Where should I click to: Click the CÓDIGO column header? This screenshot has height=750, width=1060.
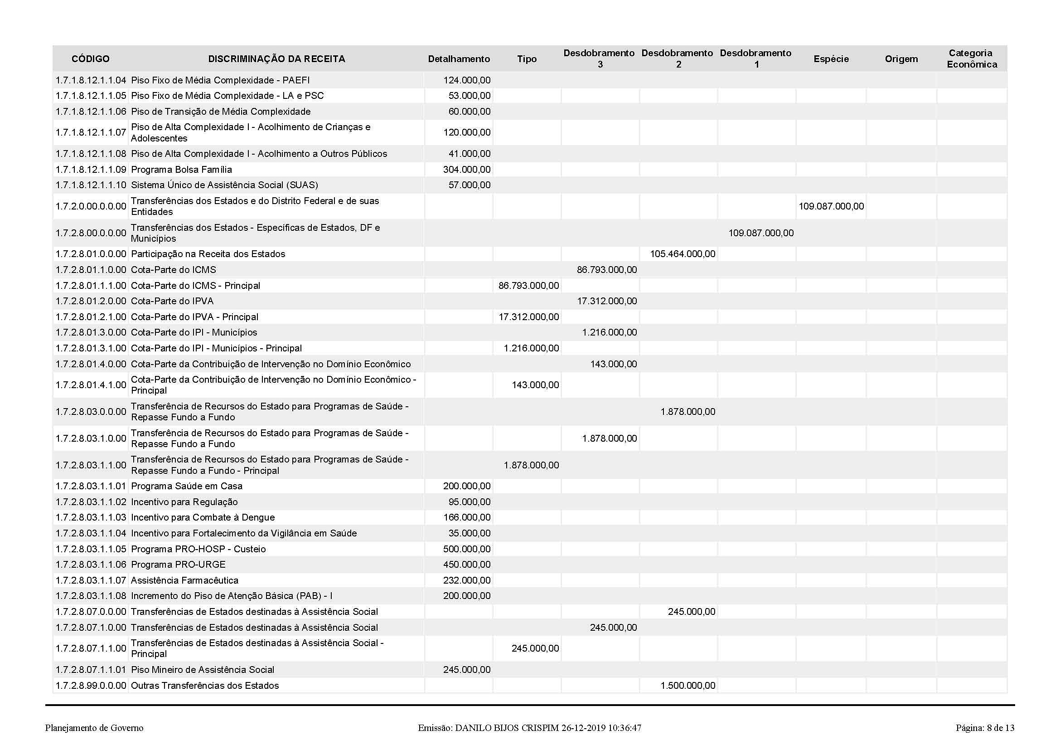click(91, 59)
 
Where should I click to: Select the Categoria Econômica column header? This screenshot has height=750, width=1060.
click(971, 58)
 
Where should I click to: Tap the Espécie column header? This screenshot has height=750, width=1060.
click(831, 59)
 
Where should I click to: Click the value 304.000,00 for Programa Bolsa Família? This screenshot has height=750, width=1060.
click(467, 170)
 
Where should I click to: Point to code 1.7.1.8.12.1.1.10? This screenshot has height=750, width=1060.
click(91, 185)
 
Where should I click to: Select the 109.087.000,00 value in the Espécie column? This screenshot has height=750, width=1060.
click(831, 206)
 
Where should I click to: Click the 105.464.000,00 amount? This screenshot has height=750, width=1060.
click(682, 254)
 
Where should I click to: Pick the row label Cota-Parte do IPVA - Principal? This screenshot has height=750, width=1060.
click(194, 317)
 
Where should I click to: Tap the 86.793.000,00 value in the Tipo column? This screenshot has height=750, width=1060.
click(528, 285)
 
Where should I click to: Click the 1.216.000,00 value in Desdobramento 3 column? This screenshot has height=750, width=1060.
click(609, 332)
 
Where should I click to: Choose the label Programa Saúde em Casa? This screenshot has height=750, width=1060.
click(187, 486)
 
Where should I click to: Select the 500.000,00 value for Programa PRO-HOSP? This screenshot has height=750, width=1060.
click(467, 549)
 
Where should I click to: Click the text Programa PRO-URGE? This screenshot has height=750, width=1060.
click(178, 565)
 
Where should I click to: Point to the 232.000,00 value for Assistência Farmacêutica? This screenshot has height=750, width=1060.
click(467, 580)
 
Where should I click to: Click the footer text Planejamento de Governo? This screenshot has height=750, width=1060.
click(94, 728)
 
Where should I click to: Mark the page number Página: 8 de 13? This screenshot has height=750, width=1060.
click(985, 728)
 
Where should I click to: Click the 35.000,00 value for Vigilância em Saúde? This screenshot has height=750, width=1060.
click(469, 533)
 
